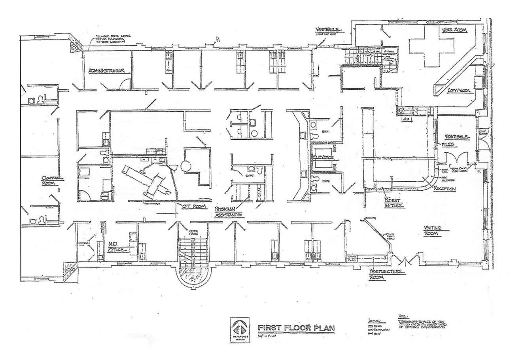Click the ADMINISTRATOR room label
pyautogui.click(x=107, y=71)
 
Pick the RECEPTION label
pyautogui.click(x=444, y=189)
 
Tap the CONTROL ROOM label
pyautogui.click(x=52, y=181)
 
